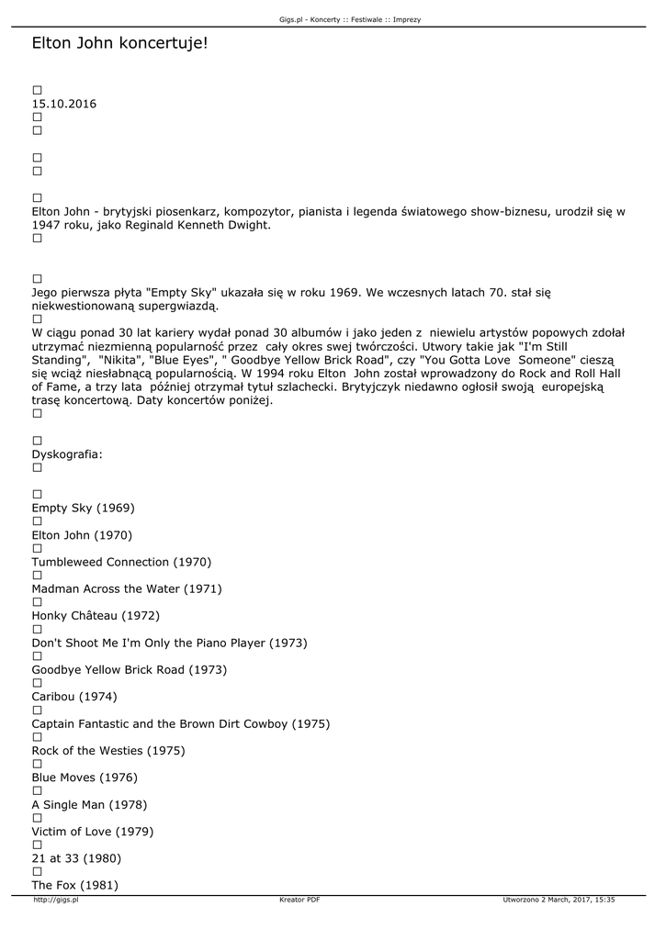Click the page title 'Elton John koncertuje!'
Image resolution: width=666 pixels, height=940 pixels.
(x=119, y=43)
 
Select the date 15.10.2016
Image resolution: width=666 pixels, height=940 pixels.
(x=63, y=104)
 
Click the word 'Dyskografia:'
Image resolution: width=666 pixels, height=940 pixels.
(x=67, y=454)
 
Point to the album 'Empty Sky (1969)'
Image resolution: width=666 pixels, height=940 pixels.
(x=84, y=508)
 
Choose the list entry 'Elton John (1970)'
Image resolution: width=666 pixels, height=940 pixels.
(x=82, y=535)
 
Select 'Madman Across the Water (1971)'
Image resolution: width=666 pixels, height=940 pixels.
(x=127, y=588)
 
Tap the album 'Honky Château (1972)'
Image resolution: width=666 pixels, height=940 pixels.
(x=96, y=616)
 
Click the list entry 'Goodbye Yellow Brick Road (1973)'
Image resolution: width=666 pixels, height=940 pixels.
(x=129, y=670)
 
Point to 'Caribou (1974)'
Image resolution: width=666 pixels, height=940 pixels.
(x=74, y=697)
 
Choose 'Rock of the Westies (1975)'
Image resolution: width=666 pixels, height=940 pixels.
(x=108, y=751)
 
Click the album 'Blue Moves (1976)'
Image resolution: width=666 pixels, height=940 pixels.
(x=85, y=778)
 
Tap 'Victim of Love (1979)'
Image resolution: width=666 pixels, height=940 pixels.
(x=93, y=832)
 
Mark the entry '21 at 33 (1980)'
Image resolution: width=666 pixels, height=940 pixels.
(x=76, y=858)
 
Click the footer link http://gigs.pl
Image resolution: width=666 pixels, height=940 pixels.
(x=56, y=901)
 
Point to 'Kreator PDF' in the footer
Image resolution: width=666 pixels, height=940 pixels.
(x=299, y=901)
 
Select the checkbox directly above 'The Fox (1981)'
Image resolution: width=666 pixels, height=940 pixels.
(x=38, y=871)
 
